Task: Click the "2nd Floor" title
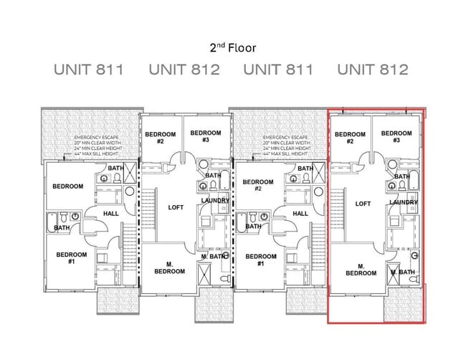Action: [232, 48]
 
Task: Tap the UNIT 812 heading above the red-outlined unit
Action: [372, 70]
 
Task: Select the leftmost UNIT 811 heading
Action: [89, 70]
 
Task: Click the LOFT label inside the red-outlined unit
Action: [363, 204]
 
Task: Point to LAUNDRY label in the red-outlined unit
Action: [404, 203]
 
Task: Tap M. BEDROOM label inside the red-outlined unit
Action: [361, 269]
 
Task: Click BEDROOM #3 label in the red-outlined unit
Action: [396, 137]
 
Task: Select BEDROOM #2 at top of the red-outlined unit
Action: [350, 138]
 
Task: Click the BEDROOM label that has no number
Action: [67, 186]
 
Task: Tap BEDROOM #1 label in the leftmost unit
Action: [71, 258]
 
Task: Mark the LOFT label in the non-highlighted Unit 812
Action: [176, 207]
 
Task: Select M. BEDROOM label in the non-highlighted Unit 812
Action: [169, 267]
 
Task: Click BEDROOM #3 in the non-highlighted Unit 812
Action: [206, 136]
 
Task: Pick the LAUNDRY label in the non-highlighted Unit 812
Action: [215, 201]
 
